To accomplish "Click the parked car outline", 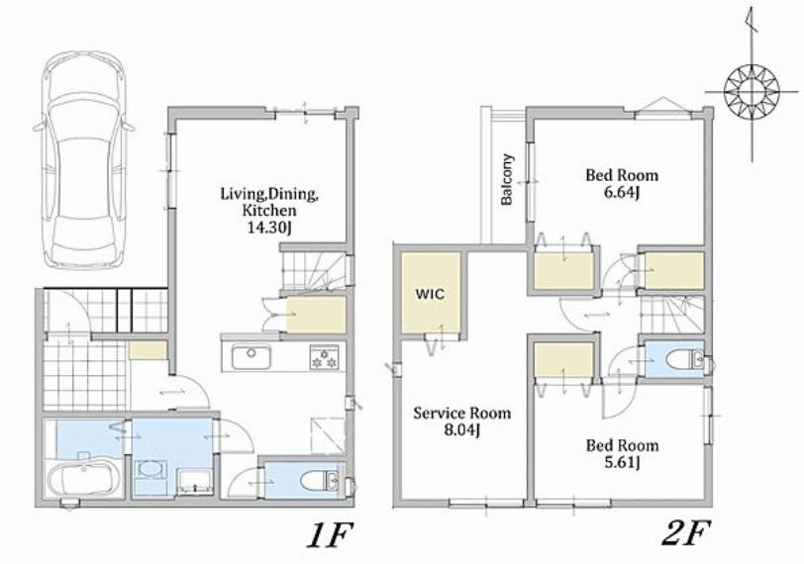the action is [84, 160].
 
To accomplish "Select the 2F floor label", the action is [685, 534].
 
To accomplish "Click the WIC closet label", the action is [430, 294].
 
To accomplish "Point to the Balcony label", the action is [507, 179].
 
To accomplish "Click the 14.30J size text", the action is [269, 228].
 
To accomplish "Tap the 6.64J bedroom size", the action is [621, 193].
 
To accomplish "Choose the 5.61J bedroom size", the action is [622, 462].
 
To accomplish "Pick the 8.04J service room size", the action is [461, 430].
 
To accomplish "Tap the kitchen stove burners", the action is [324, 357].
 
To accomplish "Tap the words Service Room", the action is [462, 413].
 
